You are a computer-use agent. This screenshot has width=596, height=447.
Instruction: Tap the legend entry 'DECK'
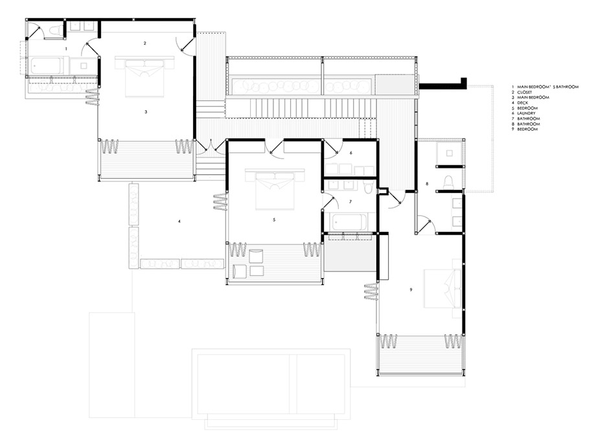[x=522, y=102]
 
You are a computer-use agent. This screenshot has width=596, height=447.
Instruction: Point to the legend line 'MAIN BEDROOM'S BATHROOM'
[x=547, y=87]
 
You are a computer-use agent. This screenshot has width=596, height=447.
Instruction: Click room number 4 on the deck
[x=179, y=221]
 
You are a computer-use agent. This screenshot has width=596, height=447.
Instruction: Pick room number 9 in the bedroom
[x=411, y=290]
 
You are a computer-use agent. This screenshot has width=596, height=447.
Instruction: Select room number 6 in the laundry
[x=351, y=153]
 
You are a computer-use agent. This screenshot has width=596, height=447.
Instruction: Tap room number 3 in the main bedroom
[x=146, y=111]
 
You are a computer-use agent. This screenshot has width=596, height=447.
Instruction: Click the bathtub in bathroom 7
[x=349, y=222]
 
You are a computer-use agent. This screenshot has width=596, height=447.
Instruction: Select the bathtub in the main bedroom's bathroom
[x=47, y=66]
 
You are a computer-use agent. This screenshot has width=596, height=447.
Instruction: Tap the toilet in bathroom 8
[x=449, y=181]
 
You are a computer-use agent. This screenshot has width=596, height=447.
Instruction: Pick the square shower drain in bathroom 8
[x=450, y=153]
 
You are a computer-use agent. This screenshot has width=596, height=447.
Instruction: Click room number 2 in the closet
[x=145, y=43]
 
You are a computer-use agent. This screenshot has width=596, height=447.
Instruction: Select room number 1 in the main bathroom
[x=67, y=49]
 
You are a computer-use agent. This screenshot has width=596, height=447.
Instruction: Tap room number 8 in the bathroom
[x=427, y=183]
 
